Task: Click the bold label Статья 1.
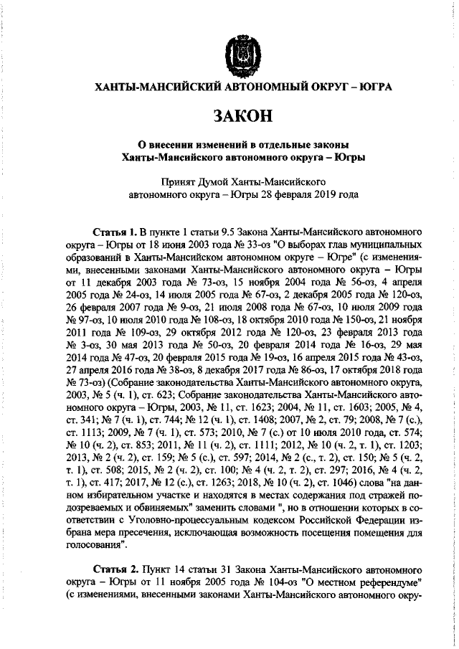[115, 233]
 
